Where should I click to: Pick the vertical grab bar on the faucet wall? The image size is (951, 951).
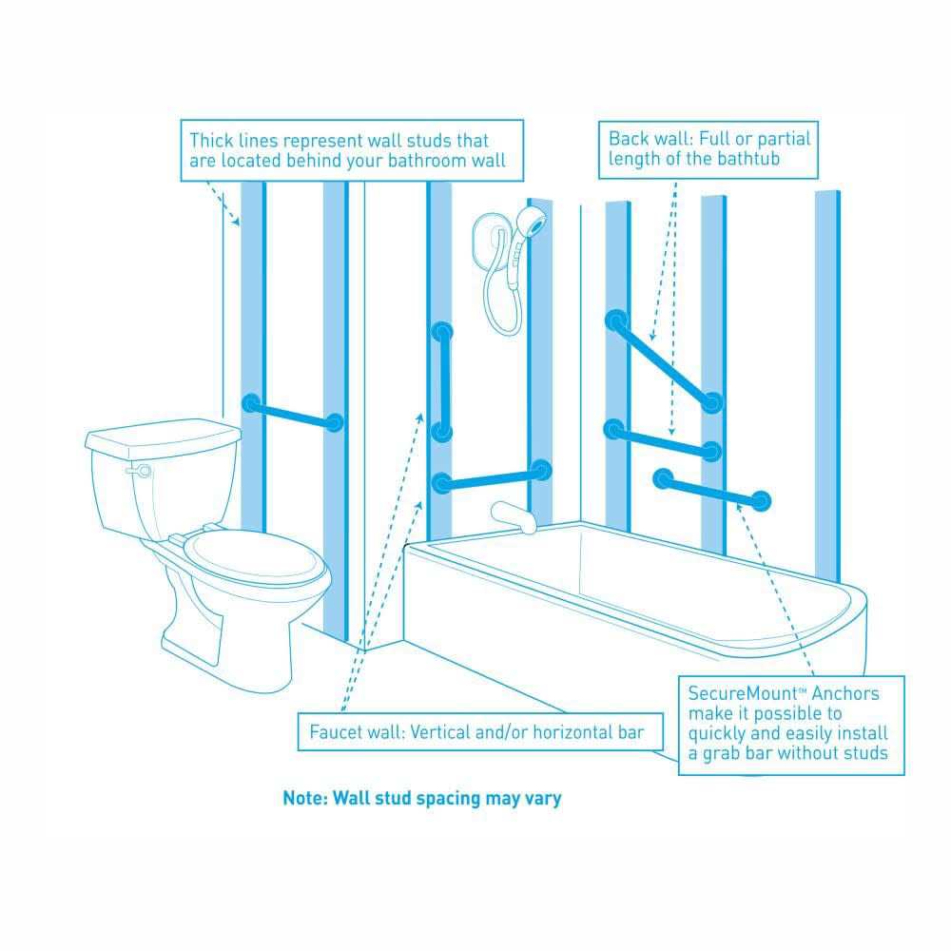tap(441, 380)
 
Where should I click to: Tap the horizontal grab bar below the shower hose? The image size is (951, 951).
tap(491, 477)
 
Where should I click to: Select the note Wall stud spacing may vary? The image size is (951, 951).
tap(421, 798)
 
